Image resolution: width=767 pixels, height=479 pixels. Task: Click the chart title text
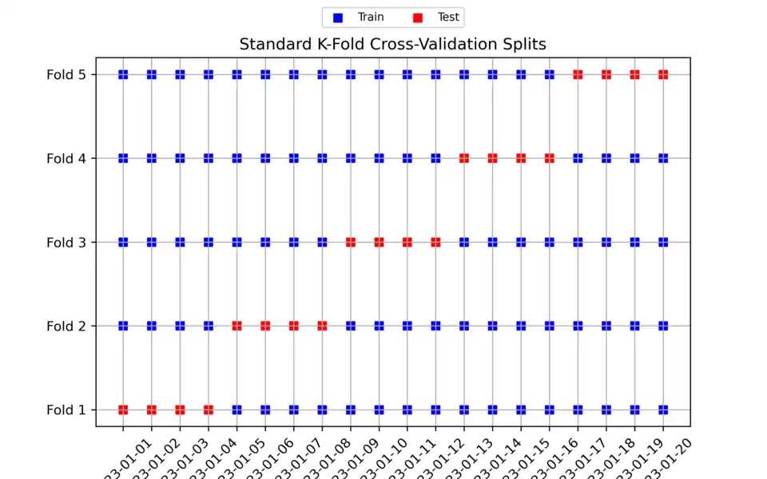point(392,44)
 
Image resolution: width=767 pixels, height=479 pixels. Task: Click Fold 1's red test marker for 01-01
point(123,410)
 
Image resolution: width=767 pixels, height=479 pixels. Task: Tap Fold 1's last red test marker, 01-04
point(209,410)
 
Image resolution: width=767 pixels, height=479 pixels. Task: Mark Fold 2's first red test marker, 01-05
point(236,326)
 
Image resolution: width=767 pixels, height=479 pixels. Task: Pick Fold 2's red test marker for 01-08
point(322,326)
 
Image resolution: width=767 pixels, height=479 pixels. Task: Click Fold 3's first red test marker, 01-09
point(351,242)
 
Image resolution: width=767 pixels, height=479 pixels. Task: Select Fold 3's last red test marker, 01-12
point(435,242)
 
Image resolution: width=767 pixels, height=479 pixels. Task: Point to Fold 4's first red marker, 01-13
point(464,158)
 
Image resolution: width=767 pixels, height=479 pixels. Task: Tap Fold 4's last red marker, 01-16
point(550,158)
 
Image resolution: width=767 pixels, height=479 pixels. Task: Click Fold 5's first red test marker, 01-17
point(578,74)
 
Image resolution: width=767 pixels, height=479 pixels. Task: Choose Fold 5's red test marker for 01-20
point(663,74)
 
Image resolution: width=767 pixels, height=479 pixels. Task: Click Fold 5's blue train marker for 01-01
point(123,74)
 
